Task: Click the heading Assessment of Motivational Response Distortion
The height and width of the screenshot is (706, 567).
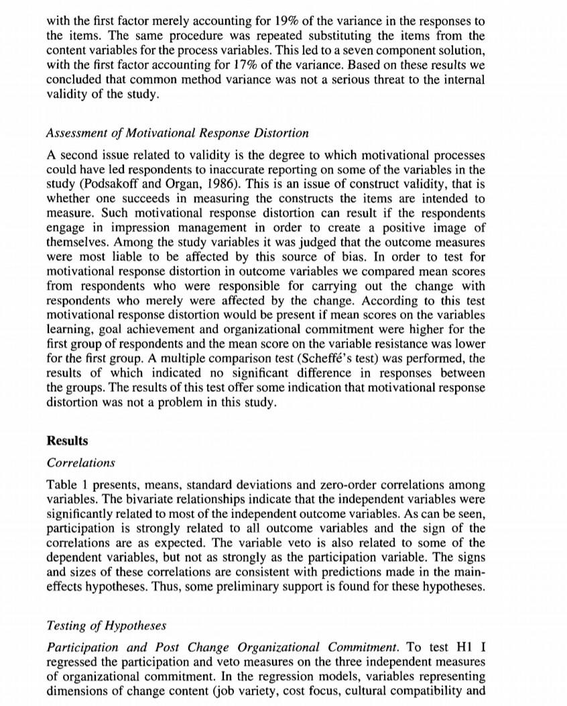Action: point(178,132)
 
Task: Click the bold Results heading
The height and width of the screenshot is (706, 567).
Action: point(67,441)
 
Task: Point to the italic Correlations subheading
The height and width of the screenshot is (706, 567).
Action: point(81,463)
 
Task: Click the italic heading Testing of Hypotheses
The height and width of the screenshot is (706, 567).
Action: point(106,625)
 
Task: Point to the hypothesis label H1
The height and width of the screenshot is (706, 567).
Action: point(452,648)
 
